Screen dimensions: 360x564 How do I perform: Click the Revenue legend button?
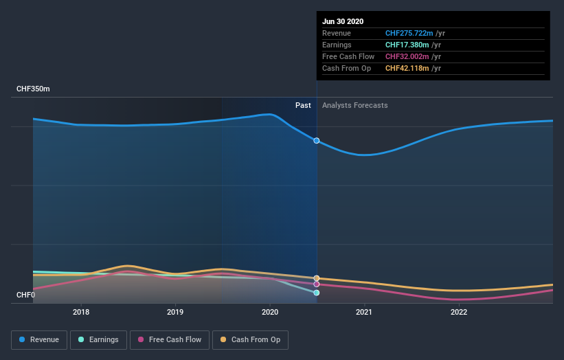39,339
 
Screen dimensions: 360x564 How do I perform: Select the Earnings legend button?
98,339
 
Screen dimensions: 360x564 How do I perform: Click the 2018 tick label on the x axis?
81,311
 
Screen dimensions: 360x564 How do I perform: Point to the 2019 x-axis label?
175,311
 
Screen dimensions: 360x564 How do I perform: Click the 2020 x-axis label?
269,311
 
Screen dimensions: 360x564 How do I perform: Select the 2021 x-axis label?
364,311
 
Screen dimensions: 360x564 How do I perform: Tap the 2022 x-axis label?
458,311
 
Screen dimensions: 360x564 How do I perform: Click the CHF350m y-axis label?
33,89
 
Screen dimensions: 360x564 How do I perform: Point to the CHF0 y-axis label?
25,295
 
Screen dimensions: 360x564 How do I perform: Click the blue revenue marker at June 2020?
317,140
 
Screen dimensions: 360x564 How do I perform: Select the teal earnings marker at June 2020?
317,293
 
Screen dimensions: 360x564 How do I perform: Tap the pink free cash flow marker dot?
317,284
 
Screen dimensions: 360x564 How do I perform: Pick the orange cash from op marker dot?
317,278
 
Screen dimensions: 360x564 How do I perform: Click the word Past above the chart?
303,105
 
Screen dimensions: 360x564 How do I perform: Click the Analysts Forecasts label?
354,105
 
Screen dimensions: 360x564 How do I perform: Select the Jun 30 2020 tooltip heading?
343,21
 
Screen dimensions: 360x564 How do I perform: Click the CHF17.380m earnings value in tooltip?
407,45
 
